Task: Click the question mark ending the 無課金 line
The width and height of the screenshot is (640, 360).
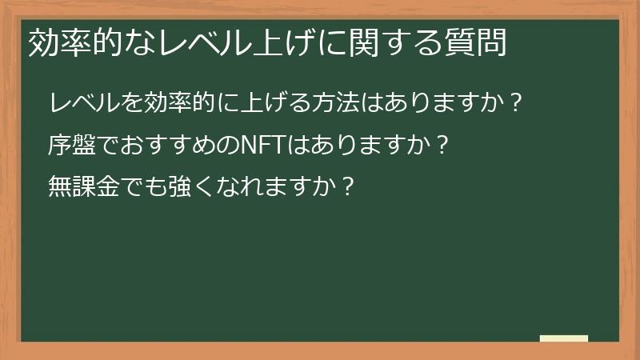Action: coord(346,187)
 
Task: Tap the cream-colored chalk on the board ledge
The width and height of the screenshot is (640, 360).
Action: coord(564,338)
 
